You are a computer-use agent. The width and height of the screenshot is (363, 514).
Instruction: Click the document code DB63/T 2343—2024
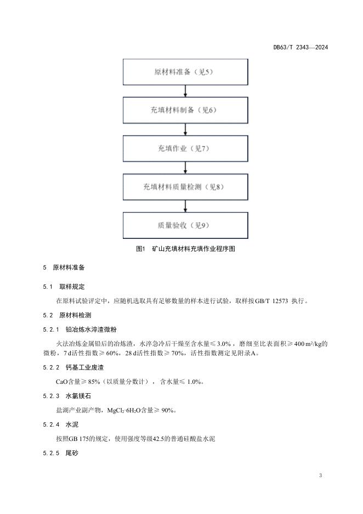point(300,47)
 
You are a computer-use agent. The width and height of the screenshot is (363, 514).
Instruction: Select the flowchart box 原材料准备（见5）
point(186,72)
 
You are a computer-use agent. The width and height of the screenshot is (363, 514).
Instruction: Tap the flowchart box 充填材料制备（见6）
point(186,110)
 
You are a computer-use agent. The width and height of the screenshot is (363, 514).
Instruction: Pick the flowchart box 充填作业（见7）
point(186,149)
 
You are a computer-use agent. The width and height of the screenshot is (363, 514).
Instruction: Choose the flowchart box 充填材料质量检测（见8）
point(186,187)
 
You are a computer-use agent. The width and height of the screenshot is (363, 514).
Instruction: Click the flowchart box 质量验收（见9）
point(186,226)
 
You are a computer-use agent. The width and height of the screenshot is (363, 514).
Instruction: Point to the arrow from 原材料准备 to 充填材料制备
point(186,91)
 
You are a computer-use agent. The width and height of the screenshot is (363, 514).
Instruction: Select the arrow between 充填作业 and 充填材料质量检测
point(186,168)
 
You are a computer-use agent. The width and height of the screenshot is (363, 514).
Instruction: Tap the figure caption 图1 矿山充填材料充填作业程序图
point(185,249)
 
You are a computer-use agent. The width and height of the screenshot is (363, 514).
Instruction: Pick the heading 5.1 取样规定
point(64,287)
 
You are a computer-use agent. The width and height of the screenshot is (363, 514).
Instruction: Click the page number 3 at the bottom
point(320,475)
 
